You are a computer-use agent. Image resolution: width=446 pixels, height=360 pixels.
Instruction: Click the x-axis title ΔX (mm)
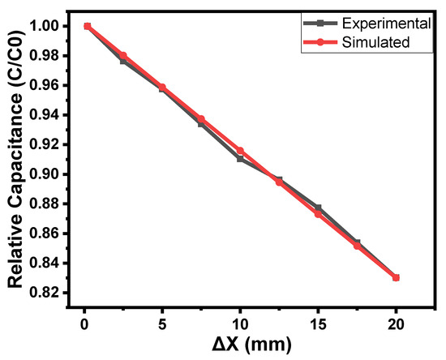tap(241, 344)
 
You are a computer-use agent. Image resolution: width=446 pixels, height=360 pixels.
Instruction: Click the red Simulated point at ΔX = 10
tap(240, 151)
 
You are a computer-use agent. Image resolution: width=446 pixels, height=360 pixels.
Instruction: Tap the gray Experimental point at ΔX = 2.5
tap(122, 61)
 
